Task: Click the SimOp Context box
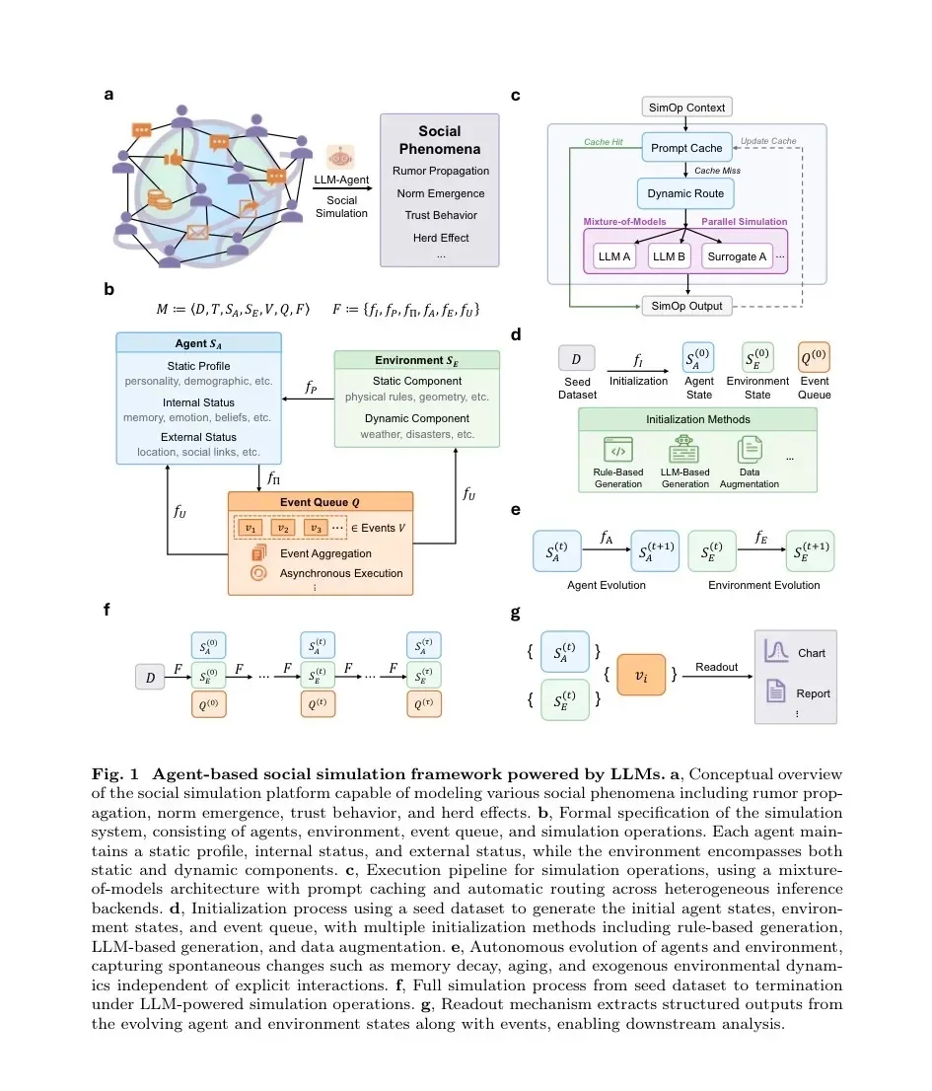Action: coord(686,108)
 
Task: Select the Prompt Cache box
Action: coord(686,148)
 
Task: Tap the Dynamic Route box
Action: coord(685,193)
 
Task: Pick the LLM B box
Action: coord(669,256)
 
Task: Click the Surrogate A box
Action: coord(737,256)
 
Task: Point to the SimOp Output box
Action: coord(686,306)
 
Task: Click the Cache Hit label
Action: coord(603,142)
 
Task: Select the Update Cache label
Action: coord(768,141)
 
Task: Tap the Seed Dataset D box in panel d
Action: coord(577,359)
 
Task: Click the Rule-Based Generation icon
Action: coord(617,450)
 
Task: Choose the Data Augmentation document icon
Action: coord(750,450)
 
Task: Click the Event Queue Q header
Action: coord(321,502)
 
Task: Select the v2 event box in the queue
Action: coord(283,529)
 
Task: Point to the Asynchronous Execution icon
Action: coord(258,573)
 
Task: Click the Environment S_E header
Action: coord(416,360)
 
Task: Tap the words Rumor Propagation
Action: coord(440,172)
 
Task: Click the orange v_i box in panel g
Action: coord(641,674)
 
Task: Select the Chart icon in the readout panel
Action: coord(776,651)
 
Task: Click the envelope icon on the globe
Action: coord(197,233)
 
